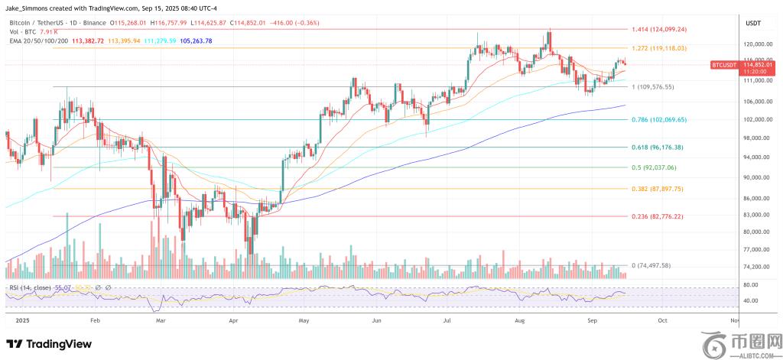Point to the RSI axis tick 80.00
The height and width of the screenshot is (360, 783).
pos(750,285)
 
